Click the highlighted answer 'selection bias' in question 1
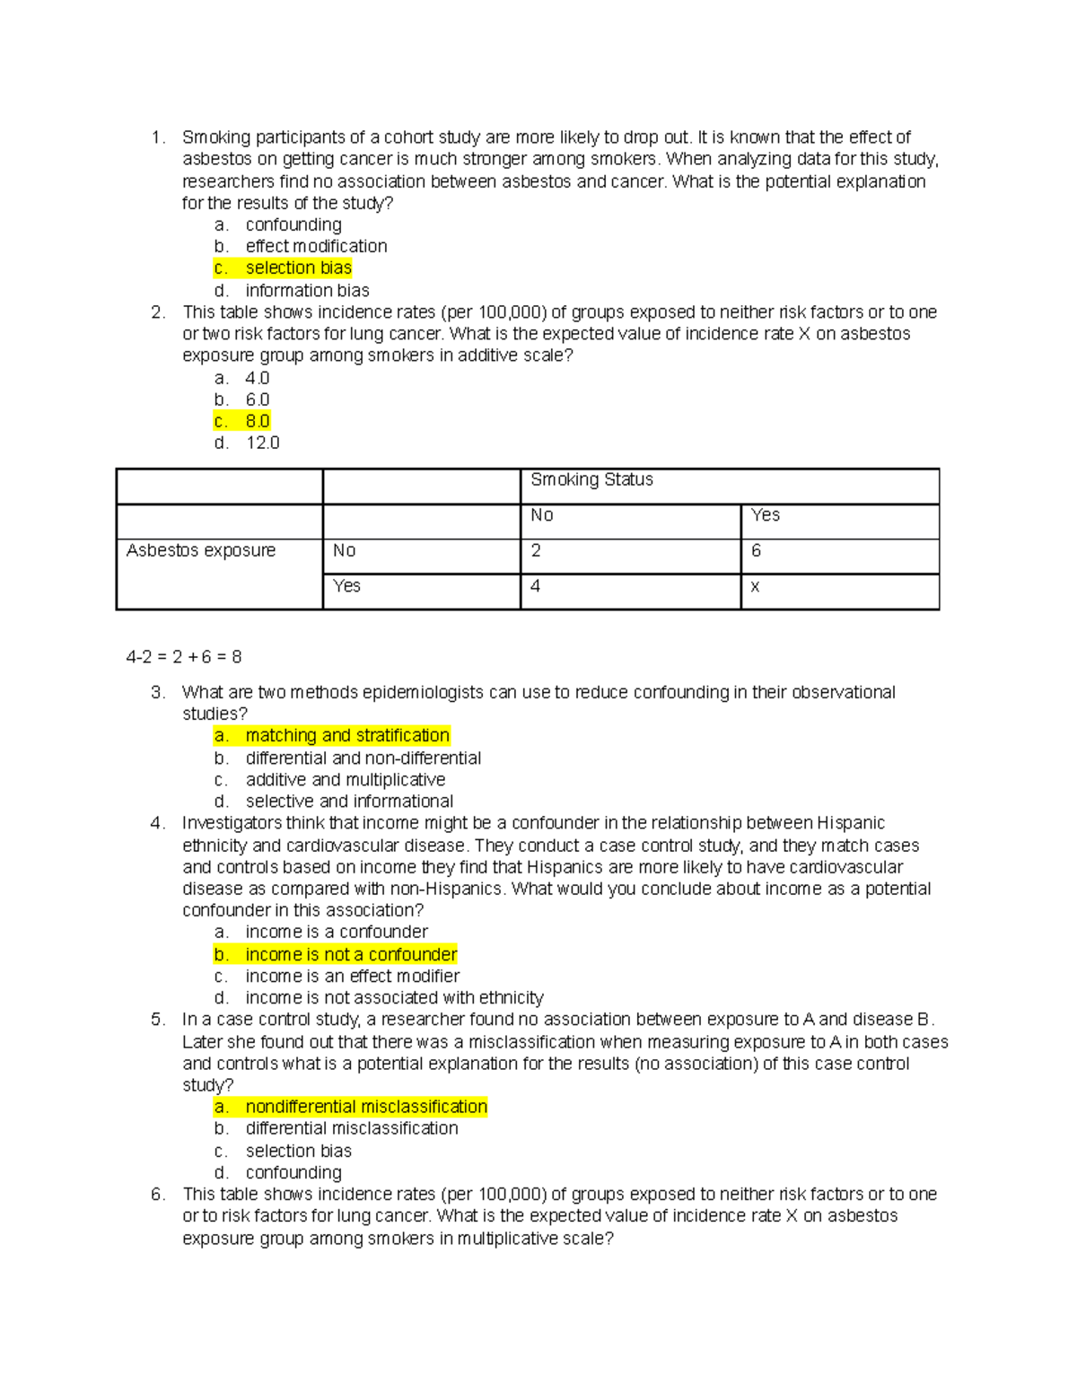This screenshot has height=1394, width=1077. tap(298, 268)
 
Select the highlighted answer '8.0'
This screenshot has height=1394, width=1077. tap(257, 421)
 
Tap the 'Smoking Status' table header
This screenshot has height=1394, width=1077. tap(591, 480)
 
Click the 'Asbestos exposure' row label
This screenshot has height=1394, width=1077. tap(201, 550)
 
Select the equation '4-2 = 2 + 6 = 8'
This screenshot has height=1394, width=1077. tap(184, 657)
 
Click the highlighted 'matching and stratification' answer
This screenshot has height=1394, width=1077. tap(347, 736)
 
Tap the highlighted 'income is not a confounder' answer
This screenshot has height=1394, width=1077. tap(351, 954)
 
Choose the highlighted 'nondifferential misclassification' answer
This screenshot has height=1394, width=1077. tap(366, 1107)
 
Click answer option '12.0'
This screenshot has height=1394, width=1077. tap(262, 443)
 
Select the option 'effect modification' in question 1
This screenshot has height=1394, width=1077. tap(316, 246)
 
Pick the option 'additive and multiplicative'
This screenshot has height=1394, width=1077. tap(346, 780)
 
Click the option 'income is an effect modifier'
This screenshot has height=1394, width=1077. tap(352, 976)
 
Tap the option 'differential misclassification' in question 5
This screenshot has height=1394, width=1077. tap(352, 1128)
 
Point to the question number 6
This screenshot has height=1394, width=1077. tap(158, 1194)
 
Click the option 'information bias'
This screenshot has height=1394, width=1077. tap(307, 291)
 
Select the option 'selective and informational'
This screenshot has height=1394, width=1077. tap(349, 802)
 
